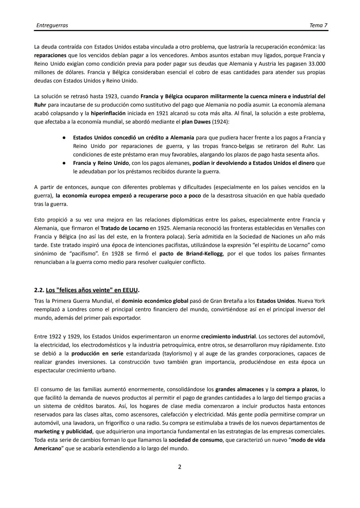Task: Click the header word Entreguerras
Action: [x=52, y=25]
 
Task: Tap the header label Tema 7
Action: [x=318, y=25]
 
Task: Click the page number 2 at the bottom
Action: [x=180, y=467]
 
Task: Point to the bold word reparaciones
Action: [x=50, y=55]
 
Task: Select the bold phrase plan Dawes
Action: [x=196, y=122]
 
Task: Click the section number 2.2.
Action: [x=39, y=290]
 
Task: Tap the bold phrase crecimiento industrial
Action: [x=228, y=336]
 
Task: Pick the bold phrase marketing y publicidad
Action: [x=63, y=431]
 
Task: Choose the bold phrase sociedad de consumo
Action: [x=195, y=440]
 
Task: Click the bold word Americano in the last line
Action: [x=48, y=448]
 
